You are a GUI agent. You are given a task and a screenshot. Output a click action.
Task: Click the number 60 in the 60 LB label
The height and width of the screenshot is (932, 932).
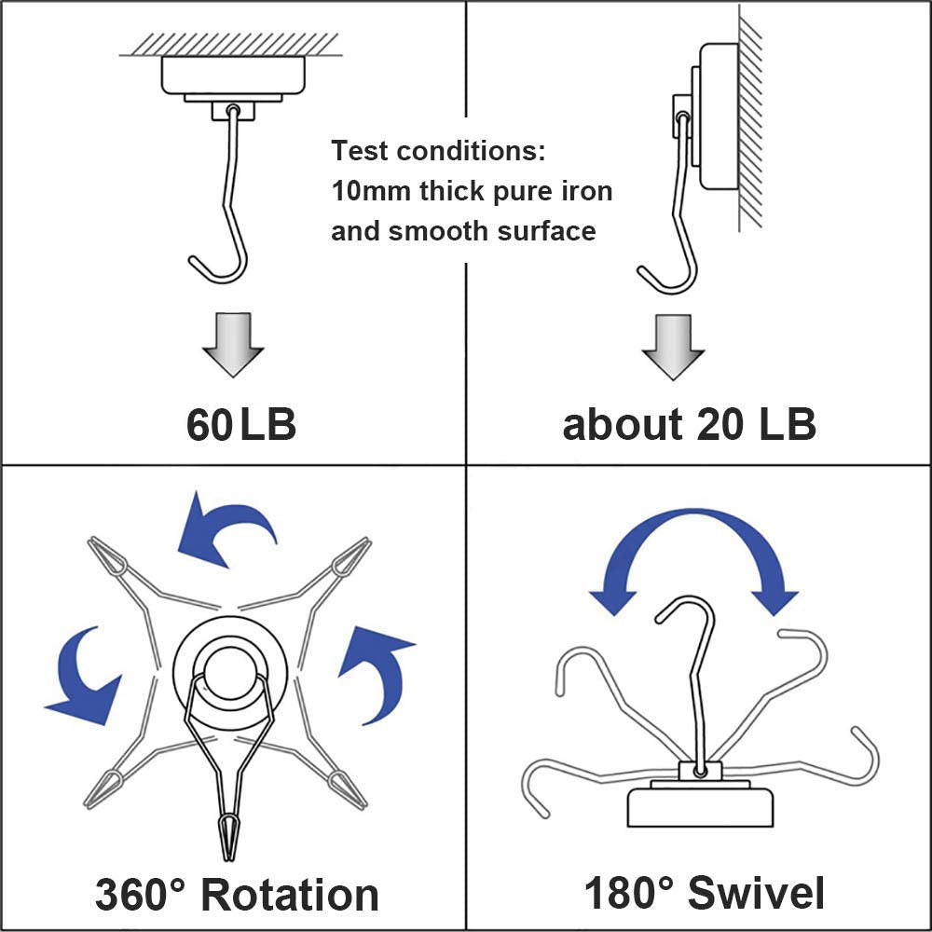(x=209, y=424)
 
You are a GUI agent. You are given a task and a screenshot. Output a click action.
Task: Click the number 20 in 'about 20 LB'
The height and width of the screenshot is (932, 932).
(x=720, y=424)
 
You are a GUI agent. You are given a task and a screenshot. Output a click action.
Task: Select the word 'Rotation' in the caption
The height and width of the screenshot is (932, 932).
(x=290, y=895)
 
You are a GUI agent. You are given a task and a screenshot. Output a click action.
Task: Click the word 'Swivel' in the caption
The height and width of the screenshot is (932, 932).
(x=756, y=892)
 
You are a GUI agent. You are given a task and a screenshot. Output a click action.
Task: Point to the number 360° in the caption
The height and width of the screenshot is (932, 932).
(x=141, y=895)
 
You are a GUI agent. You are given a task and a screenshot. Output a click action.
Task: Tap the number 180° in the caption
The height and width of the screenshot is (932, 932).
(x=629, y=892)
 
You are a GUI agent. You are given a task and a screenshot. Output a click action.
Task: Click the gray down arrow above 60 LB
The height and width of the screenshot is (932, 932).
(x=233, y=345)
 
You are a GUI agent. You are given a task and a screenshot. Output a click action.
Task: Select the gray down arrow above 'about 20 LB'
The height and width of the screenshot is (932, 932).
(x=673, y=348)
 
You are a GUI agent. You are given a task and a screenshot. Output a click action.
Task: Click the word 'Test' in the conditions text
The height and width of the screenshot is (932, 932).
(x=360, y=151)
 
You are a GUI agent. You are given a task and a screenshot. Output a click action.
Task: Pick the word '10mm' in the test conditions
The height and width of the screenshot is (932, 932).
(x=371, y=191)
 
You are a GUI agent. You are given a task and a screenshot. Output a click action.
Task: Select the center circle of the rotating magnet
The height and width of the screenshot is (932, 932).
(x=230, y=671)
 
